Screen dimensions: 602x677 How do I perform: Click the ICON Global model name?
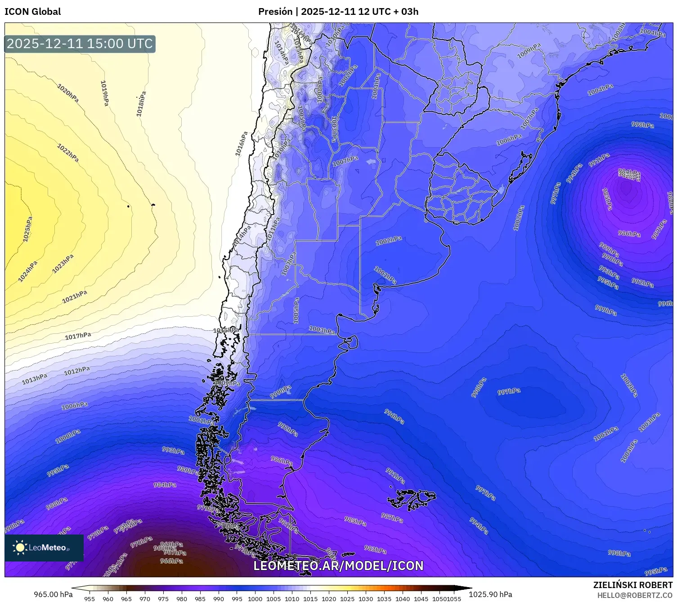point(32,12)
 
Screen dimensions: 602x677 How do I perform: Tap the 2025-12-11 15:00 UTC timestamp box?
point(80,44)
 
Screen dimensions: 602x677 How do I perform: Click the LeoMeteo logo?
point(44,548)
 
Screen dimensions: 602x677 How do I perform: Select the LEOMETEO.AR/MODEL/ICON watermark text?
point(338,566)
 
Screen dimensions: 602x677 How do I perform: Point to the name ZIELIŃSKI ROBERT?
point(632,585)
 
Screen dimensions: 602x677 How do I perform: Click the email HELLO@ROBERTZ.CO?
point(635,595)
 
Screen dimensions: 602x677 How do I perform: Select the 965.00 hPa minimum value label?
point(53,594)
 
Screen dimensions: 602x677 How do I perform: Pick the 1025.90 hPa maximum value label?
point(490,594)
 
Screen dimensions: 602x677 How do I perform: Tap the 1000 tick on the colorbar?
point(255,598)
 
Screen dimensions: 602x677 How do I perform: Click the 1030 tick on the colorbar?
point(366,598)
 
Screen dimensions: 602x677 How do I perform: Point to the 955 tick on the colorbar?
point(90,598)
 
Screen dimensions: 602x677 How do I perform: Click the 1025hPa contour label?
point(28,229)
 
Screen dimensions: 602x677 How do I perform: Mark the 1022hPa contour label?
point(68,153)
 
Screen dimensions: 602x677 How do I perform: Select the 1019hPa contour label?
point(104,93)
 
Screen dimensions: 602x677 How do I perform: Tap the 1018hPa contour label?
point(141,104)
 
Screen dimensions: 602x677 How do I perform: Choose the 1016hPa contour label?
point(242,144)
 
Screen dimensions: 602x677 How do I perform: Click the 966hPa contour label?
point(171,561)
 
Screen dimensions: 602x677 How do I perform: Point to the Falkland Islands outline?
point(412,499)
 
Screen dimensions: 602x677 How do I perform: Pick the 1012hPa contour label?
point(76,371)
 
